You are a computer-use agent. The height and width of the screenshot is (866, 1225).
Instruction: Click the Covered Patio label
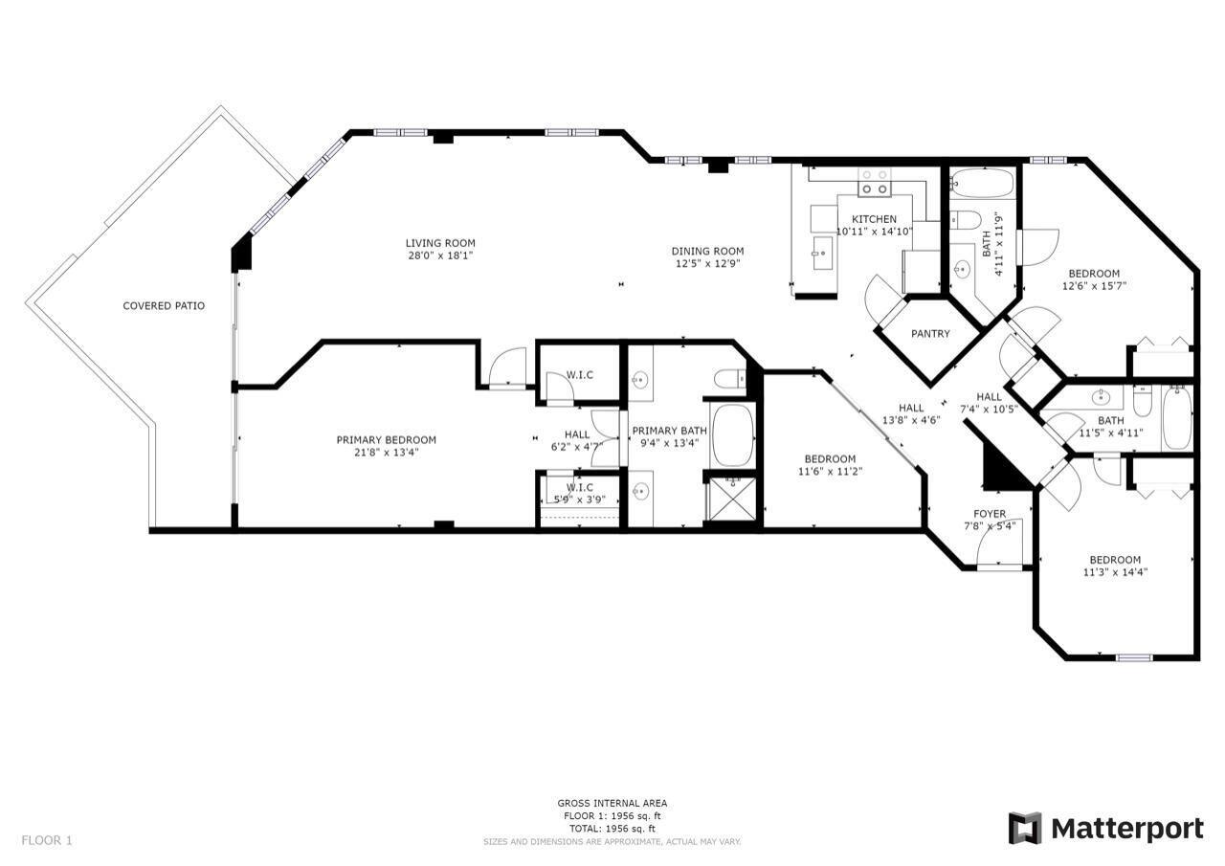tap(164, 306)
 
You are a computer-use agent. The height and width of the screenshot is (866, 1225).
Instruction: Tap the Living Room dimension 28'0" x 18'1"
tap(439, 255)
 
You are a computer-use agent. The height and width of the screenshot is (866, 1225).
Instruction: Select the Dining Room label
tap(707, 251)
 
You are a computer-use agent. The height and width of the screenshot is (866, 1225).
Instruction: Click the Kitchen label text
tap(874, 219)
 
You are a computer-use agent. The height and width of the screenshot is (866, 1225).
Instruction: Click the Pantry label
tap(930, 334)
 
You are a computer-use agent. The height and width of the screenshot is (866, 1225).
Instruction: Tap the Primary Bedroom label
tap(386, 440)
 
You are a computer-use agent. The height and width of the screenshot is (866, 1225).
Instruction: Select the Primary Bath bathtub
tap(734, 434)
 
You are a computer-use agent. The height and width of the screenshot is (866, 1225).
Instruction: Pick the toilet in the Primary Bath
tap(733, 380)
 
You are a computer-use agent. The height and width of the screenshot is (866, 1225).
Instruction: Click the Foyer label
tap(990, 514)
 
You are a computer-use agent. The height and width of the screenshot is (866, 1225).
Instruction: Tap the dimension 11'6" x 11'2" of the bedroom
tap(829, 471)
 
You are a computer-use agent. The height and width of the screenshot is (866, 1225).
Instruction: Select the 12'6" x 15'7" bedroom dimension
tap(1094, 285)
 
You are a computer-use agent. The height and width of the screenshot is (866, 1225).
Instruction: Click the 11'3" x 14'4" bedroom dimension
tap(1115, 572)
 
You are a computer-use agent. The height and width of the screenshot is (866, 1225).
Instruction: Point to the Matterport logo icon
tap(1025, 828)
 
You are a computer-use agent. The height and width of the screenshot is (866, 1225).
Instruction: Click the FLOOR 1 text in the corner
tap(47, 840)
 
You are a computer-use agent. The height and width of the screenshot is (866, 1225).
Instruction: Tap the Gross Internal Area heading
tap(612, 804)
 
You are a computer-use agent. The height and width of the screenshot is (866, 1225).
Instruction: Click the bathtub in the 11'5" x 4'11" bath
tap(1176, 418)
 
